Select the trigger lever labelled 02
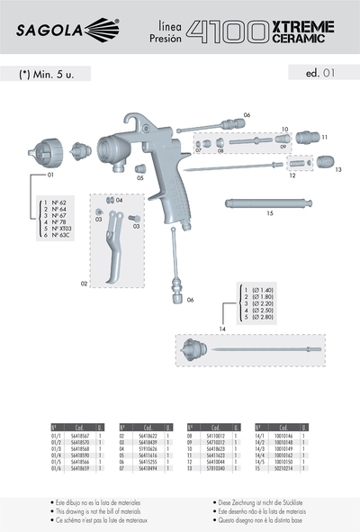112,252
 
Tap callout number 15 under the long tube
270,214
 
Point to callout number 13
338,168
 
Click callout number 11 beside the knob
325,138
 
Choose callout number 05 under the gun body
140,178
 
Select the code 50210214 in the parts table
286,468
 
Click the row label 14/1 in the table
265,434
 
